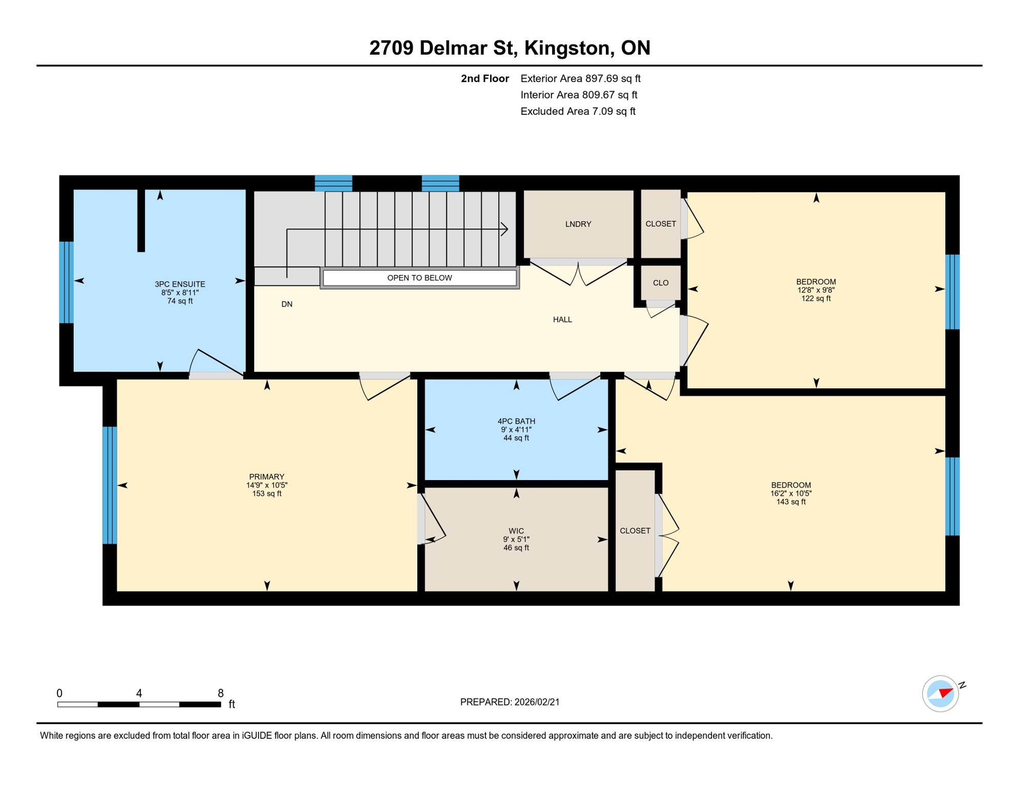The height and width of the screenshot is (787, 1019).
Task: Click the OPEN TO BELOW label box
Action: pos(419,278)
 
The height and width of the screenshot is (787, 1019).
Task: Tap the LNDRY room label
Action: pos(578,224)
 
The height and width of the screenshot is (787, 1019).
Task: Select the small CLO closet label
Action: pos(660,283)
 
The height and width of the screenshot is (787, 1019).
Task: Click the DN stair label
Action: pos(287,304)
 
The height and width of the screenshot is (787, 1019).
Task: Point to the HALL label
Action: pos(562,320)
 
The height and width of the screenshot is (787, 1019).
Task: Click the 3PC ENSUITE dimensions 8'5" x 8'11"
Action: pos(180,293)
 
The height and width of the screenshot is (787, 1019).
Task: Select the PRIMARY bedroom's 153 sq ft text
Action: pos(267,494)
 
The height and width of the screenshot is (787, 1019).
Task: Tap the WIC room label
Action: pos(516,531)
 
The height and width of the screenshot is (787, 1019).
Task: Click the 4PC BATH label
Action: pos(516,421)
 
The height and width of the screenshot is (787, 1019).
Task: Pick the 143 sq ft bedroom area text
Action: pos(790,502)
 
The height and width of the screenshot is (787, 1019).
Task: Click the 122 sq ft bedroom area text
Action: pos(816,299)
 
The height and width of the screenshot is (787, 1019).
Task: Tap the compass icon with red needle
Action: pos(940,694)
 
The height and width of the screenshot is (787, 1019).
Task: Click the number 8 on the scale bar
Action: pos(220,693)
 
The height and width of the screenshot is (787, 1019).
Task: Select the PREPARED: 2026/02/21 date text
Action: pos(509,702)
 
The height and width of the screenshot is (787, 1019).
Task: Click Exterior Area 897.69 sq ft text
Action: pos(580,78)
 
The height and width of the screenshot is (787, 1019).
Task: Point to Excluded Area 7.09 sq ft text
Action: pos(578,111)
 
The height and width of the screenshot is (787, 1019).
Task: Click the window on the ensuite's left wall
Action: pos(66,282)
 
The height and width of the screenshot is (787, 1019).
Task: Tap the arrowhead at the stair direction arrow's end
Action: pos(505,229)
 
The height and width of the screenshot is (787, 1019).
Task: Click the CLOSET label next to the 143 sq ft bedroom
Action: pos(635,531)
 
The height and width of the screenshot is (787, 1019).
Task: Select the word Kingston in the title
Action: pos(566,48)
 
